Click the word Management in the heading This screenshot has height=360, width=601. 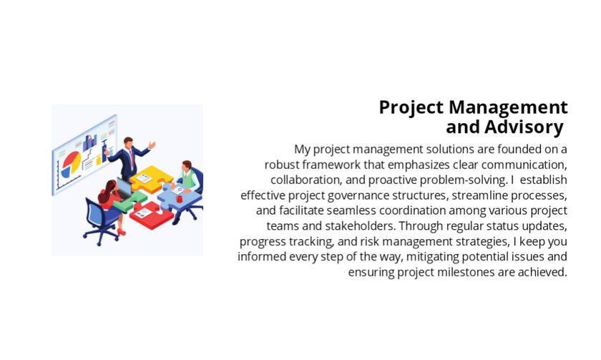click(508, 107)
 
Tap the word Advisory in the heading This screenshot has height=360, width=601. click(524, 127)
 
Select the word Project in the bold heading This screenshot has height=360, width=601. click(411, 108)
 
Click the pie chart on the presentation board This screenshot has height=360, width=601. click(71, 163)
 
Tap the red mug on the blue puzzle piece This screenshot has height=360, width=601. click(179, 198)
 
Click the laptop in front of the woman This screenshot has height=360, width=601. click(124, 188)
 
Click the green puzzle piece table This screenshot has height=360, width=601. click(131, 201)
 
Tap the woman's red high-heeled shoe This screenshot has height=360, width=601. click(121, 233)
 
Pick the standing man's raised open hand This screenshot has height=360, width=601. click(152, 145)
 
